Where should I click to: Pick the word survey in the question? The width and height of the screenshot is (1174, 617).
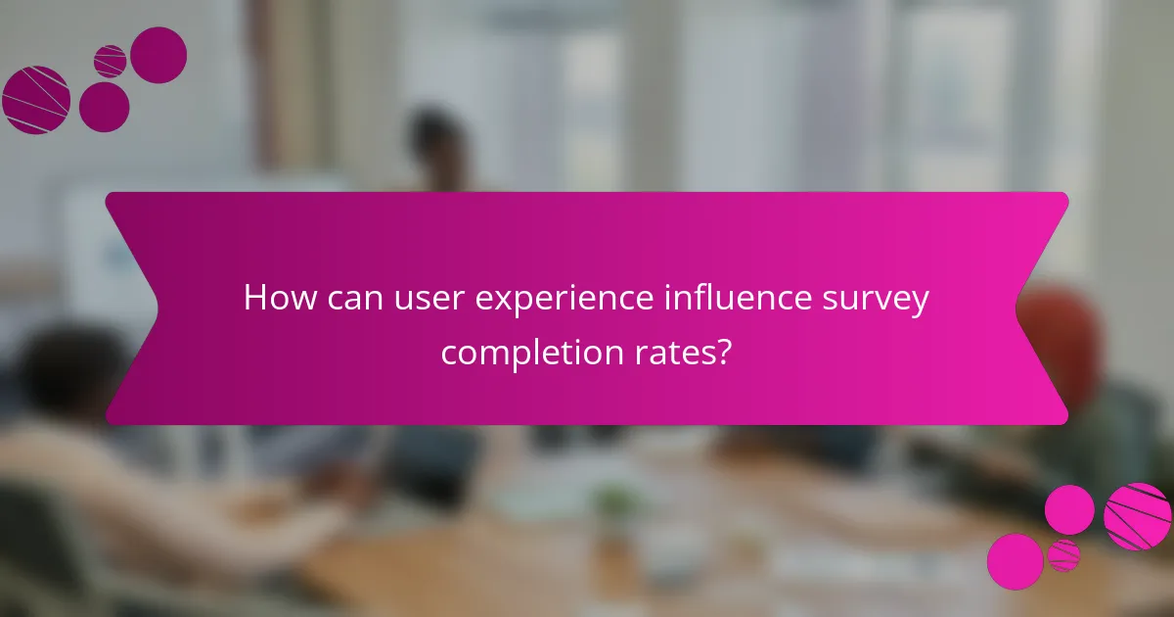click(882, 300)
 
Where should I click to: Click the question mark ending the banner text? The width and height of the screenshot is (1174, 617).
click(724, 350)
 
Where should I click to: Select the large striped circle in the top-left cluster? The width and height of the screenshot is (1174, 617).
click(36, 100)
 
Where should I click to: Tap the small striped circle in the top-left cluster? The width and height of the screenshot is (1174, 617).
click(111, 61)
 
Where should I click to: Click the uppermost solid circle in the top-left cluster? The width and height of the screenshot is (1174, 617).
click(158, 55)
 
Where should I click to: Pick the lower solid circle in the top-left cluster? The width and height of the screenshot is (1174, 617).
click(104, 107)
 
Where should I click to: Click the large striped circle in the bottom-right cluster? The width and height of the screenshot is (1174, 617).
click(1138, 516)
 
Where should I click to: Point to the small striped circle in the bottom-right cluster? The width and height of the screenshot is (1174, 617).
click(1063, 555)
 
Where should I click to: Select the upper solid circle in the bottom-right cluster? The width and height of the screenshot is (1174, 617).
click(1069, 510)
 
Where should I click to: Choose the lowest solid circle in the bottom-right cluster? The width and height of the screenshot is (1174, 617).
click(1016, 561)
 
